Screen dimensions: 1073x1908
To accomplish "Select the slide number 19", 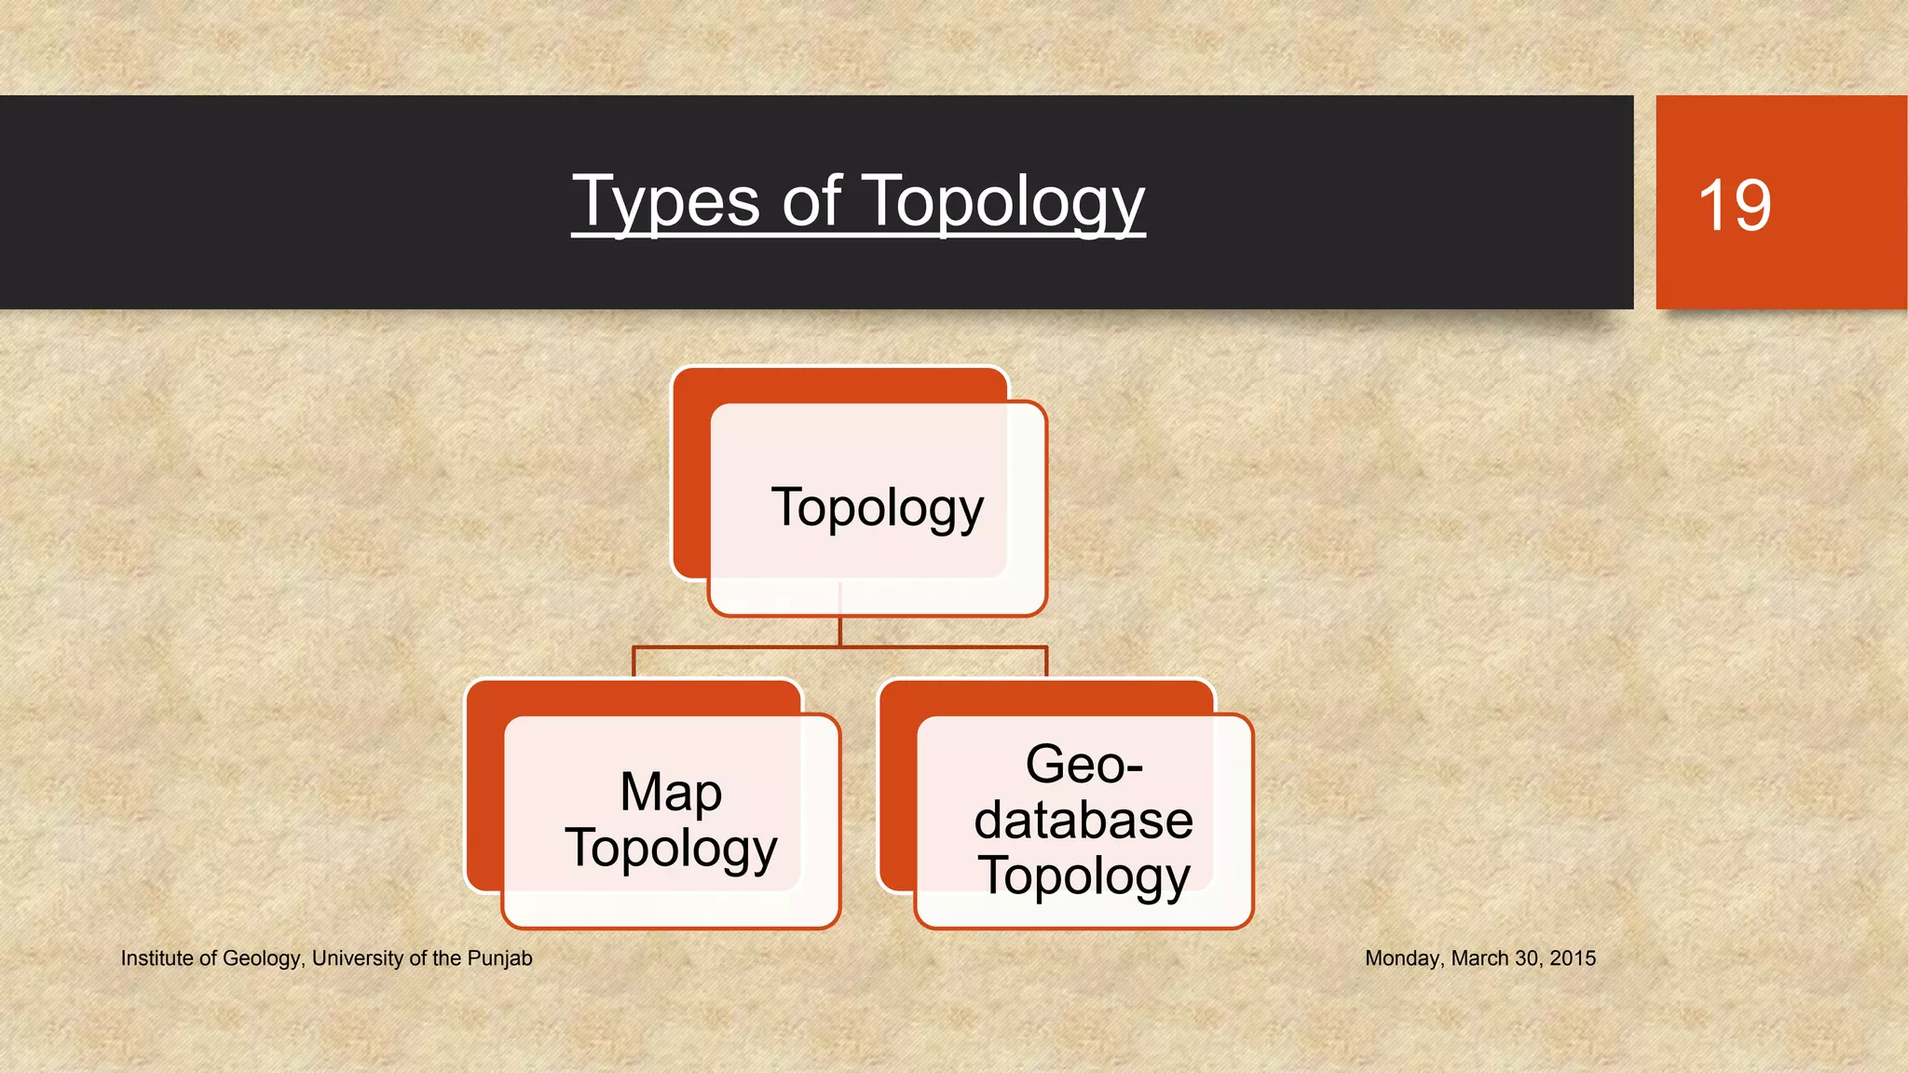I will [x=1734, y=205].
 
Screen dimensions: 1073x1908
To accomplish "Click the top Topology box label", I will [x=877, y=509].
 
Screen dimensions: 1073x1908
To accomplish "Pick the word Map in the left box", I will [x=671, y=793].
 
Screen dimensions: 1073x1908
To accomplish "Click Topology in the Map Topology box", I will [x=671, y=849].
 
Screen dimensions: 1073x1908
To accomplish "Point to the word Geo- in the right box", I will [x=1083, y=765].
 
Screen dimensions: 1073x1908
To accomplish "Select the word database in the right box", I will [x=1083, y=821].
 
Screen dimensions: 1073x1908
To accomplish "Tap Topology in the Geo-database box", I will [x=1083, y=876].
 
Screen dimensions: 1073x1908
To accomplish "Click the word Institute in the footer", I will [x=157, y=958].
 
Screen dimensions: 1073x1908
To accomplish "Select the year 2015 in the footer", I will [x=1573, y=958].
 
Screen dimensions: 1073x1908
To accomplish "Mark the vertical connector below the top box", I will [x=840, y=630].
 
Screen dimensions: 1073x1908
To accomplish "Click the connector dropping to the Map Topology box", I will [x=634, y=662].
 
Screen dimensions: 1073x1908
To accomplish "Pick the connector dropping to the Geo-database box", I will [x=1047, y=662].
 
